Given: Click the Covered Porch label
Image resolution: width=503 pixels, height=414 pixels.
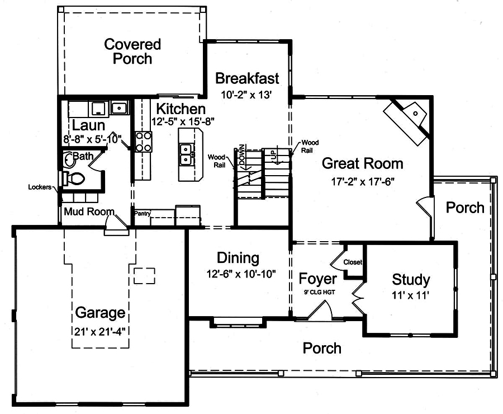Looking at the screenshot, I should point(132,51).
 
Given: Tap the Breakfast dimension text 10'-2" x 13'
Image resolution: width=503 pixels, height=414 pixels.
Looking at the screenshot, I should point(246,95).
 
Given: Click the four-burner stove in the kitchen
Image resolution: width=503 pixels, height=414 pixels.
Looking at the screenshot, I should point(144,142).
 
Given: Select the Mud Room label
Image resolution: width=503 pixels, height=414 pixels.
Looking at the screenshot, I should point(89,212).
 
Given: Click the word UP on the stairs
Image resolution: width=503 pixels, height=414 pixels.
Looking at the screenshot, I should point(274,155).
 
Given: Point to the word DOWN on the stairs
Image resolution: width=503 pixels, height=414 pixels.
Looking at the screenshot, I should point(242,154).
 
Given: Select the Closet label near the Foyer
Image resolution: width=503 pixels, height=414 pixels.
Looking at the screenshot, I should point(353,262).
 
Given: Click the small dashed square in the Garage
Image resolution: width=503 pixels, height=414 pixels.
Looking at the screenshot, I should point(144,275).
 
